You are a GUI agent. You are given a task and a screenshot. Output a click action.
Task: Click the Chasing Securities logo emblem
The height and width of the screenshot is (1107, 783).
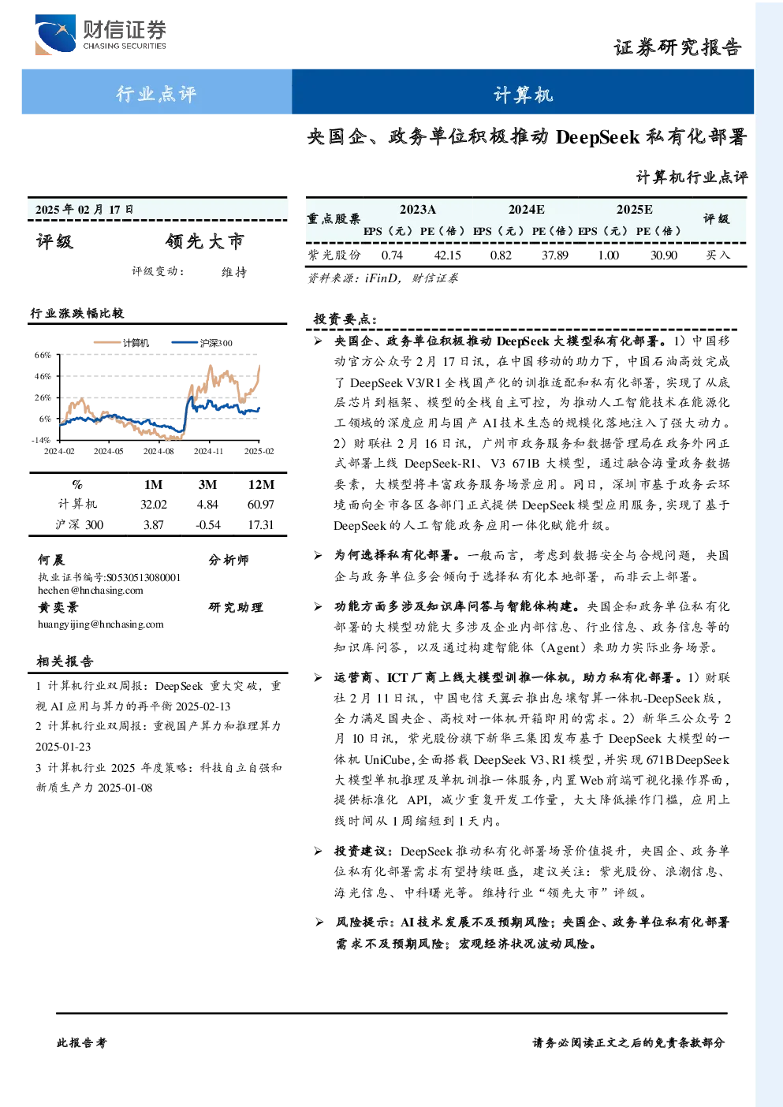[55, 34]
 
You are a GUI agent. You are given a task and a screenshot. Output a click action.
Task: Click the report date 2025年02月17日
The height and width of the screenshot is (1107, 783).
[84, 210]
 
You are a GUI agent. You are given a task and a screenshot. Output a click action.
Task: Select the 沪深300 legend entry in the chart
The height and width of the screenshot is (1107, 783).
[202, 343]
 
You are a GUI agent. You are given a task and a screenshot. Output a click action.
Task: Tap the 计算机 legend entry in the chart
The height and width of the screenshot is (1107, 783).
[121, 343]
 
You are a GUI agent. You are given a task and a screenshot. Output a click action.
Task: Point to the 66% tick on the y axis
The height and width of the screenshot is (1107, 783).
[43, 355]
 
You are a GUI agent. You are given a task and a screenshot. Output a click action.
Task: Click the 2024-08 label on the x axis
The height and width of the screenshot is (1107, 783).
[158, 451]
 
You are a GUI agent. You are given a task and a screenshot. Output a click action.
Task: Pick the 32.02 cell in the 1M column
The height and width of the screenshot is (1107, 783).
[153, 505]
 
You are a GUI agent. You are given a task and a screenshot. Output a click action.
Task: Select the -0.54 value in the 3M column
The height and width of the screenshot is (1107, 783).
[208, 525]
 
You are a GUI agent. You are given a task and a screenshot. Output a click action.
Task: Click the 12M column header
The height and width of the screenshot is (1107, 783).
[261, 484]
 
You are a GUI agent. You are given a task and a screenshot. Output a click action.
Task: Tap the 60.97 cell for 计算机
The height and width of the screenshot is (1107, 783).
[260, 505]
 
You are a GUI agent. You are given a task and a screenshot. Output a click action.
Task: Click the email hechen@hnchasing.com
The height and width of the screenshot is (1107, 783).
[91, 590]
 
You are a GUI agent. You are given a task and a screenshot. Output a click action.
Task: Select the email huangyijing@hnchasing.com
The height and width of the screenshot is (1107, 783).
[101, 624]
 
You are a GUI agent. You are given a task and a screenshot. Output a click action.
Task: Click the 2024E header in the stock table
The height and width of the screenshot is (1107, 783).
[527, 210]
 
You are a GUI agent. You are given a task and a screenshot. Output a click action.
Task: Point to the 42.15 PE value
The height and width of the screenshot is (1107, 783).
[447, 255]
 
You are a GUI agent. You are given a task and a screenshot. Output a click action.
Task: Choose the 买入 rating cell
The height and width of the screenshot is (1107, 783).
[718, 255]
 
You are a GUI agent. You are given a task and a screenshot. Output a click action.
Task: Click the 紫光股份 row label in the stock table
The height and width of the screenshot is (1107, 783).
[334, 255]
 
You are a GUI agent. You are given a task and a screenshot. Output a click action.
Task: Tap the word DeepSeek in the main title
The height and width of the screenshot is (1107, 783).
[598, 137]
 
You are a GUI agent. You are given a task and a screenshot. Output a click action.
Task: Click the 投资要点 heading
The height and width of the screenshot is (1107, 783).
[345, 319]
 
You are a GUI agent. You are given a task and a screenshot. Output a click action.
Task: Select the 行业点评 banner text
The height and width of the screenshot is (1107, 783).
[156, 93]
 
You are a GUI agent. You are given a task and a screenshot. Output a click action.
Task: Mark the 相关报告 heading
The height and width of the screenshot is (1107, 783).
[65, 662]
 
